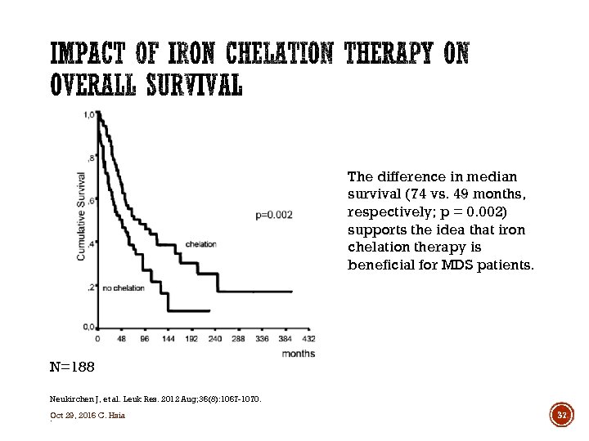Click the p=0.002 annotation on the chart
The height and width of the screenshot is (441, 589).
click(x=274, y=214)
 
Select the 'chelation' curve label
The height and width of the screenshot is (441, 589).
click(x=201, y=243)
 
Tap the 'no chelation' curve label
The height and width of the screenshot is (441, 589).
click(x=125, y=287)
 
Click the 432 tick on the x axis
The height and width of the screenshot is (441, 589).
click(x=308, y=338)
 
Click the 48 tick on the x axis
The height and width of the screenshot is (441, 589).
click(x=122, y=338)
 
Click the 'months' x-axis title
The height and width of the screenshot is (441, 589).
click(x=299, y=353)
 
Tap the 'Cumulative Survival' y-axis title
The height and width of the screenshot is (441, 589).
click(x=81, y=216)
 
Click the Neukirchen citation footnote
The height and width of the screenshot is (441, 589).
click(x=155, y=399)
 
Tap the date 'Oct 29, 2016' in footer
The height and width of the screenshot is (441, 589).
click(x=71, y=416)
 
